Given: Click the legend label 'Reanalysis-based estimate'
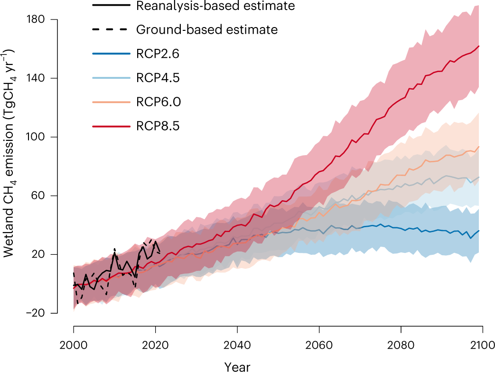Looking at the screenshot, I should click(x=215, y=6).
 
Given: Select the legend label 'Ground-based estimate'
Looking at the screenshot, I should click(x=206, y=29).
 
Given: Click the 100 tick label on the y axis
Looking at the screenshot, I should click(x=36, y=137).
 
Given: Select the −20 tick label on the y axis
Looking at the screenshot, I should click(x=34, y=313).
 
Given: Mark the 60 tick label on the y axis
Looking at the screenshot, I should click(x=38, y=196).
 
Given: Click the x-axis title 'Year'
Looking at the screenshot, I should click(x=237, y=365).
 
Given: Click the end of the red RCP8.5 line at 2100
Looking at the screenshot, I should click(x=479, y=46).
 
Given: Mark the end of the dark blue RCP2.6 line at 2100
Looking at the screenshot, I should click(x=479, y=231).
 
